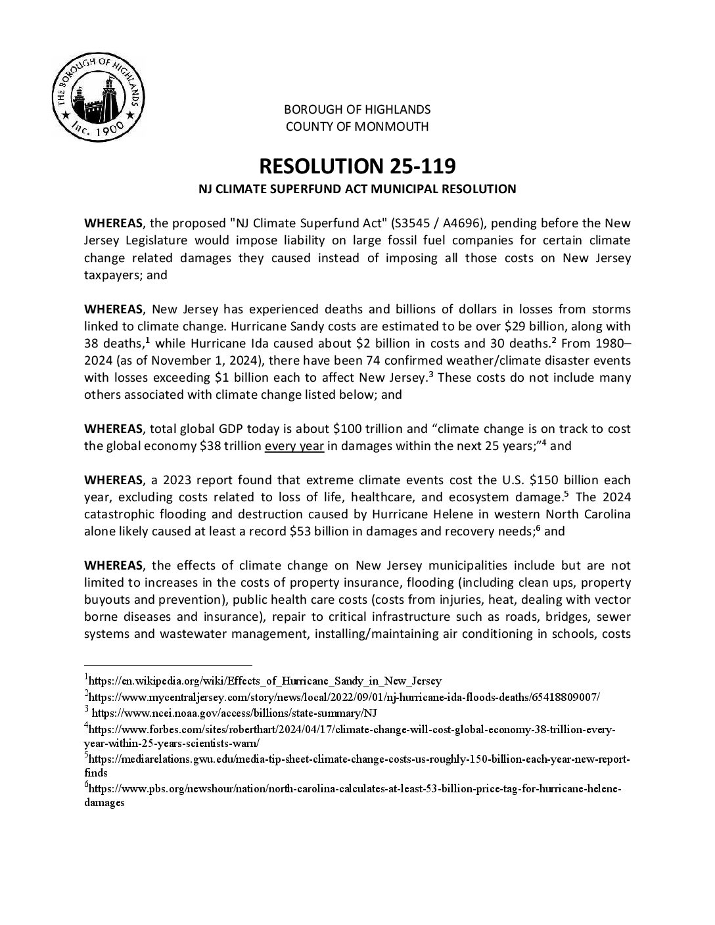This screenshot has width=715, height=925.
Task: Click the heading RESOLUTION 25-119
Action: [x=357, y=166]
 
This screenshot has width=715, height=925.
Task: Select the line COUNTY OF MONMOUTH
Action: [x=357, y=126]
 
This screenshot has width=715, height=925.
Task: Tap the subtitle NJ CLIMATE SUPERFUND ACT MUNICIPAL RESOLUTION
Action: [x=357, y=189]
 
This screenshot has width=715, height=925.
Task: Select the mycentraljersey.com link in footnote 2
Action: [x=344, y=696]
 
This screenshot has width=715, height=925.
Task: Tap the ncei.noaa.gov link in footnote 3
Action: [x=234, y=712]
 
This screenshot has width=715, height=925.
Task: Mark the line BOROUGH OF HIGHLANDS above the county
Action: [x=357, y=109]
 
